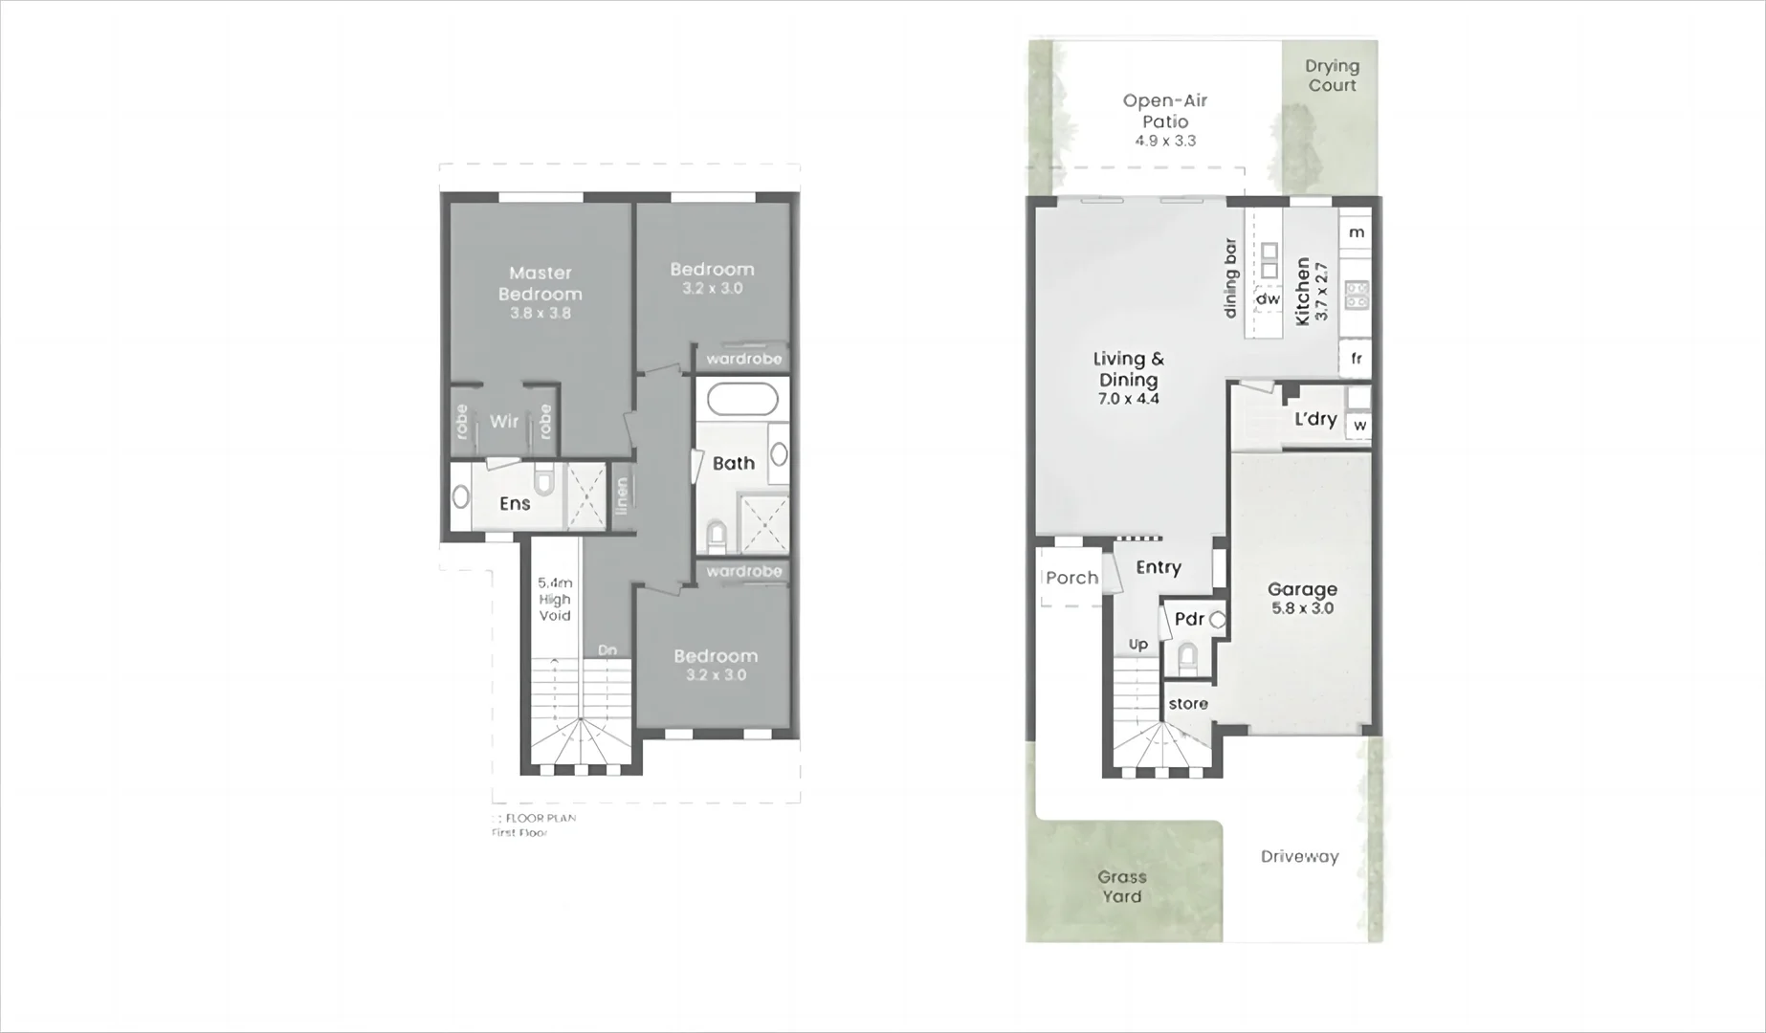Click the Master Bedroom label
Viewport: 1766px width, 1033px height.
[541, 284]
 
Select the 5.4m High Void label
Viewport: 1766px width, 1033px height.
[555, 599]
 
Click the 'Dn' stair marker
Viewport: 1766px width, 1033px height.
[607, 650]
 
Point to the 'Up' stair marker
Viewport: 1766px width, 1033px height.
[1138, 645]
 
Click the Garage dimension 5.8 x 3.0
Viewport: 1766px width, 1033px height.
[1302, 608]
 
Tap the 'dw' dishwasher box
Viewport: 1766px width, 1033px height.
[1268, 299]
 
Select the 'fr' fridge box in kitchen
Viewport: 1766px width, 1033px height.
[1356, 359]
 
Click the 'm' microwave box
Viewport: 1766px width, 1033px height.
[1357, 232]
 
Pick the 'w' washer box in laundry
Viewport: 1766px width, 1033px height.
[1359, 426]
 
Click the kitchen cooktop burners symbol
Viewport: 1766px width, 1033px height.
[1357, 295]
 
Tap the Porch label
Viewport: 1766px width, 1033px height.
[1071, 578]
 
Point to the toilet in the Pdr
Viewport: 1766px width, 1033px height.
[1187, 657]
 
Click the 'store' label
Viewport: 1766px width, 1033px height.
[1188, 704]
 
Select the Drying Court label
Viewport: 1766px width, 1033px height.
[1332, 76]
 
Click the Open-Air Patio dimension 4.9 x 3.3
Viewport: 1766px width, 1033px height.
[1165, 141]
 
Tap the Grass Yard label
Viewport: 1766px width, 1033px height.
[1121, 887]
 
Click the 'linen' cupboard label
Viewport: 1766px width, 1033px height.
[622, 496]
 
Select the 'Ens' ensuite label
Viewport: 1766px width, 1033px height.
[515, 503]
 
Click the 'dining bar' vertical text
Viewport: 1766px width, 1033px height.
[1231, 278]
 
